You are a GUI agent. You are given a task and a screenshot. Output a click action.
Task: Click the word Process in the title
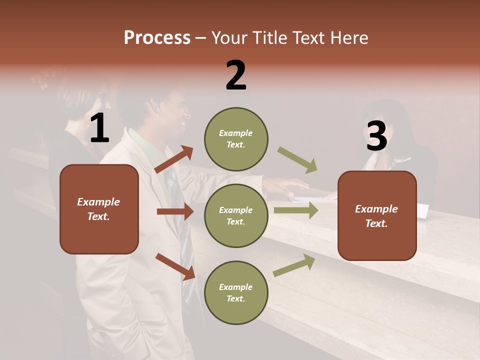[157, 38]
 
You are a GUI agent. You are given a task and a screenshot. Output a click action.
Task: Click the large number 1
[99, 128]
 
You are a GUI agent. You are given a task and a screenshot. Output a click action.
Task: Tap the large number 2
[236, 75]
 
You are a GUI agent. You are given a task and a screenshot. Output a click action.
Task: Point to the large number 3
[376, 136]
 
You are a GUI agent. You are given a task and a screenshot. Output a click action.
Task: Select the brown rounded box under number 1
[99, 209]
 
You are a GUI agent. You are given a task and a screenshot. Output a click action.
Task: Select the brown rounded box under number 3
[377, 215]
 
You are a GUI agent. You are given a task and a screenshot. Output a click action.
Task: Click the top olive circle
[236, 139]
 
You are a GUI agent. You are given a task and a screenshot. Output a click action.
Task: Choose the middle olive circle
[236, 215]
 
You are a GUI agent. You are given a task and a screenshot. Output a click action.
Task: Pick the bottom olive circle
[236, 292]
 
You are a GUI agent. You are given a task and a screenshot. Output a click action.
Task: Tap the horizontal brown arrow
[175, 211]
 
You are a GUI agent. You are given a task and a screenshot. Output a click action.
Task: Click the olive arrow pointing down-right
[297, 160]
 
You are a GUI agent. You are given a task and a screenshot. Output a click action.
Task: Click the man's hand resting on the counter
[285, 187]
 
